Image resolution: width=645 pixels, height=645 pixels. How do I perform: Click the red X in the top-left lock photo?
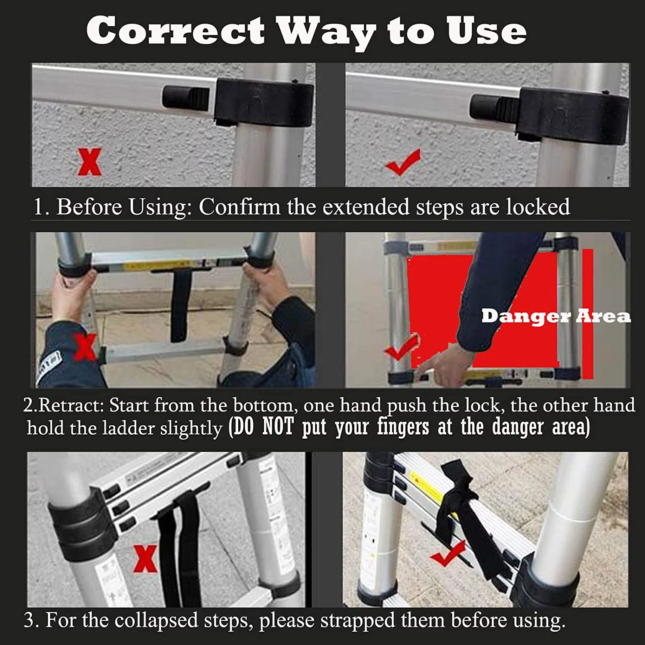point(90,162)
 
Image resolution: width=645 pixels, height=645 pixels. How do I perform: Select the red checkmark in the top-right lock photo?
point(402,163)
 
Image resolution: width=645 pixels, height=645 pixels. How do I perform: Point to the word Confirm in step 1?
point(239,207)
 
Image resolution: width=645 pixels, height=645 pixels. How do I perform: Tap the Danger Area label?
point(556,316)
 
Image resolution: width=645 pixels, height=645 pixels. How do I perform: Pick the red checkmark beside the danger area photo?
point(402,347)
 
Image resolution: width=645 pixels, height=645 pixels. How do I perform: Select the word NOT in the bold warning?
point(278,427)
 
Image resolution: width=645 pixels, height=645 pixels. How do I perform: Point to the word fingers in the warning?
point(403,427)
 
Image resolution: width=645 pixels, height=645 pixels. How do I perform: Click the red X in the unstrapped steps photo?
point(145,559)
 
